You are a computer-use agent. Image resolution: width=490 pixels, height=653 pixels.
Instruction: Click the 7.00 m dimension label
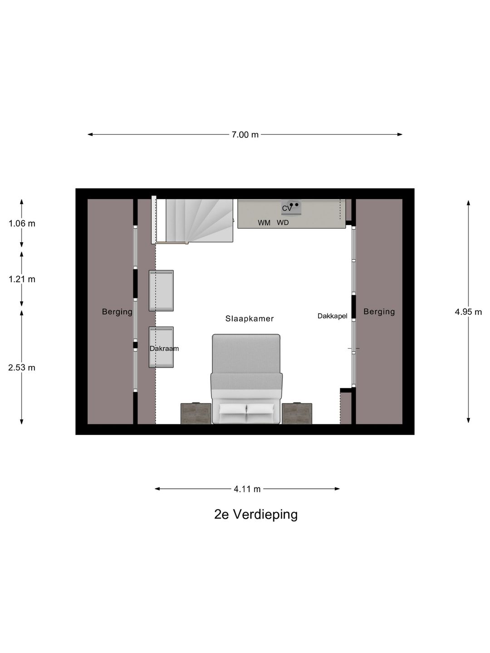coord(245,135)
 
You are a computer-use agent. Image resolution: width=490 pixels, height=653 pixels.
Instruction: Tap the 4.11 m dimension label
coord(247,489)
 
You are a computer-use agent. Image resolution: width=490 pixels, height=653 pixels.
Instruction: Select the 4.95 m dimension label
coord(468,312)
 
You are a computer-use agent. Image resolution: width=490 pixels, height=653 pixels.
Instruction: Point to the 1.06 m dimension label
coord(22,224)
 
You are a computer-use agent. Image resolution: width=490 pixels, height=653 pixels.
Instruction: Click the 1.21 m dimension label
coord(22,279)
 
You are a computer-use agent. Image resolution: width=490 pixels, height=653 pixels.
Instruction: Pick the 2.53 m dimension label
coord(22,367)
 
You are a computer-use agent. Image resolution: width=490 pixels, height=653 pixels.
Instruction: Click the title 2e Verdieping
coord(256,514)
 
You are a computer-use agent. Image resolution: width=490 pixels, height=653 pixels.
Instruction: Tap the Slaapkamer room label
coord(250,319)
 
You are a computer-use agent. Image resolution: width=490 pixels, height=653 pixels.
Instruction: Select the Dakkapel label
coord(332,316)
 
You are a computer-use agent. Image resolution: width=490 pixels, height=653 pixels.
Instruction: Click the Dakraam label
coord(164,349)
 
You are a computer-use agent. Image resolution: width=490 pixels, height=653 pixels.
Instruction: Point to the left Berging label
coord(117,312)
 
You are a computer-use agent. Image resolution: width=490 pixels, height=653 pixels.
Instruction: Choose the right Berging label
coord(379,312)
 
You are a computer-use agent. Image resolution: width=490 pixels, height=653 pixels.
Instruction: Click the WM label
coord(264,223)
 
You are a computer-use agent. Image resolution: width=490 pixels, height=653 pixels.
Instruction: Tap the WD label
coord(283,223)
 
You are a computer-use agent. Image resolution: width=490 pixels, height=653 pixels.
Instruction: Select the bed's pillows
coord(246,409)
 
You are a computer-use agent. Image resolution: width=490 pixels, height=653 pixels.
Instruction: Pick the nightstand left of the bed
coord(196,414)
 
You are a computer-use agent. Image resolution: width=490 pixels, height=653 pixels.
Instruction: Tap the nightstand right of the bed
coord(297,414)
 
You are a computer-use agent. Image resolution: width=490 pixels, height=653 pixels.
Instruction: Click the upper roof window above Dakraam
coord(161,291)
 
